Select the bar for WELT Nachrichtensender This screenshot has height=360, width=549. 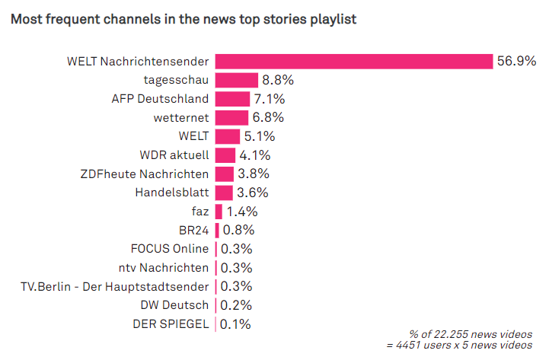coord(354,62)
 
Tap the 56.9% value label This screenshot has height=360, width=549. coord(517,62)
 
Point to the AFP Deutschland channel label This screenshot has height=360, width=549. coord(160,99)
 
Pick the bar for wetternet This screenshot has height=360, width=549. coord(231,118)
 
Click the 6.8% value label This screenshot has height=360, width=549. coord(268,118)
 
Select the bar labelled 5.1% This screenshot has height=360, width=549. coord(228,136)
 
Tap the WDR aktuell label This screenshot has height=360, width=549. coord(174,155)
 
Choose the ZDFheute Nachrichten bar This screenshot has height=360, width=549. coord(225,174)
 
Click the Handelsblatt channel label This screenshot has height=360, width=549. coord(171,193)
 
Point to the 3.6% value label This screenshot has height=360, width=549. coord(252,193)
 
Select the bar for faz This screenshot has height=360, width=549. coord(219,212)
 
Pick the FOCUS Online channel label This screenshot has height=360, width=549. coord(169,249)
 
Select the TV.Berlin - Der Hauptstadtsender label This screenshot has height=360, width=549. coord(114,286)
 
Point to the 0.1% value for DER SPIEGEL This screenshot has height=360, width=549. coord(235,324)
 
